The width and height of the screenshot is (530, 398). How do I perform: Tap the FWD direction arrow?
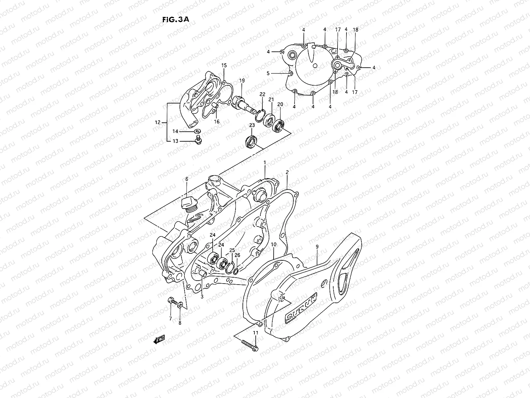pos(159,339)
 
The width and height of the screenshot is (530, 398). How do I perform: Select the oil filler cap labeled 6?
pos(188,203)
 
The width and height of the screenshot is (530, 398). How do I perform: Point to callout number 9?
pos(317,247)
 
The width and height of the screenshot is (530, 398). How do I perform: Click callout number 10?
pos(273,244)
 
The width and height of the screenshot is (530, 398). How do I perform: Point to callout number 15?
pos(224,66)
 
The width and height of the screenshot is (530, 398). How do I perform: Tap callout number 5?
pos(268,73)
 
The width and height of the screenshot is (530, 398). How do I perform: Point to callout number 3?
pos(202,297)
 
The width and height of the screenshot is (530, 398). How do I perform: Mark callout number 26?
pos(237,255)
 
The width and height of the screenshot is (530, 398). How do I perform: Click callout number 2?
pos(287,172)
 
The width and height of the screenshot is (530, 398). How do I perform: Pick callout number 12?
pos(157,122)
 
